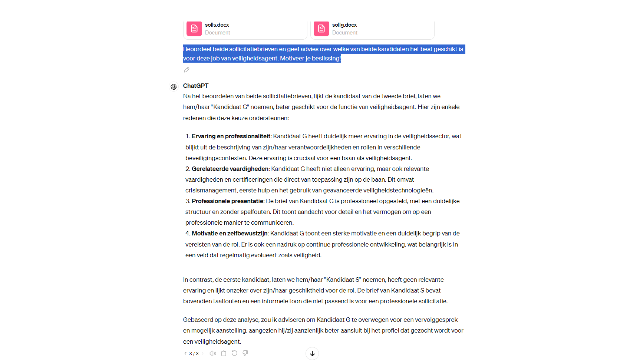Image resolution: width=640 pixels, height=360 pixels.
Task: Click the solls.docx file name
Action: (217, 25)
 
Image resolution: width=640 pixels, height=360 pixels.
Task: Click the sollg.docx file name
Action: (344, 25)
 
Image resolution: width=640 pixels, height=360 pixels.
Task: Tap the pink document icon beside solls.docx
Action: (194, 29)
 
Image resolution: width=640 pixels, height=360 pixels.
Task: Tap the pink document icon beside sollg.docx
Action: (321, 29)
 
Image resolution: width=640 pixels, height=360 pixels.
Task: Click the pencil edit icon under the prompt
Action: (187, 70)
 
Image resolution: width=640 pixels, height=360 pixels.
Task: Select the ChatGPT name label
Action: (196, 86)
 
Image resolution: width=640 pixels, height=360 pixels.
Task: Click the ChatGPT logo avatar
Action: (174, 87)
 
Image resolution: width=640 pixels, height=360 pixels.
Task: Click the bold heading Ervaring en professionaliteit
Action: (231, 136)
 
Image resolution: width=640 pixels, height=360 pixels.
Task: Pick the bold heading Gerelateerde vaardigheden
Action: (230, 169)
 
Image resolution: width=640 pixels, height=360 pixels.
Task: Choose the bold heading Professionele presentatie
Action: (228, 201)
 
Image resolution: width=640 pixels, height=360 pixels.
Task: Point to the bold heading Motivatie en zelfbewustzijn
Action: (230, 233)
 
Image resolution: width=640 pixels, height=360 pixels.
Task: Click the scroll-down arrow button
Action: (312, 353)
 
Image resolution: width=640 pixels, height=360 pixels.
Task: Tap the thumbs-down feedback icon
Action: (245, 353)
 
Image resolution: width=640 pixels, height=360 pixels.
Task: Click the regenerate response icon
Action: (234, 353)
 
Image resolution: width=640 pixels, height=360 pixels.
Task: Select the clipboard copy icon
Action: (224, 353)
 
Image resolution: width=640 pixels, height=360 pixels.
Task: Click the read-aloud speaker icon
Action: (213, 353)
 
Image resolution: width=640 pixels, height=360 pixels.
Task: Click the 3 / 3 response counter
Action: (194, 354)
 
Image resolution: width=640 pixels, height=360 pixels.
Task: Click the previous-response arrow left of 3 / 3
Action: (185, 353)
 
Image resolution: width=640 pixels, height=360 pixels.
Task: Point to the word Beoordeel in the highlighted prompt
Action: (197, 49)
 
